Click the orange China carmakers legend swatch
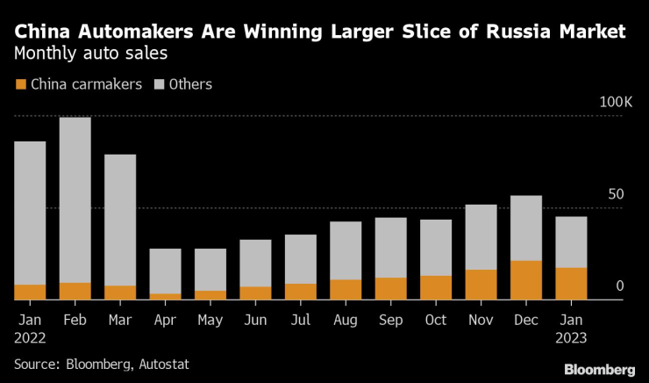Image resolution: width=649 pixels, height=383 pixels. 21,85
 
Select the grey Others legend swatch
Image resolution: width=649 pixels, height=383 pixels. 160,85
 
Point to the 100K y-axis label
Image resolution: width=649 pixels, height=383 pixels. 616,103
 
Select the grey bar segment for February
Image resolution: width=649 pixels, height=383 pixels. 75,199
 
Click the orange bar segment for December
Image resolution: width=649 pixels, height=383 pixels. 525,280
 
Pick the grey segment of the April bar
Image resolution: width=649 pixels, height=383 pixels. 165,271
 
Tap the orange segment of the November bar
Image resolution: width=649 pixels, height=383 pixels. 481,285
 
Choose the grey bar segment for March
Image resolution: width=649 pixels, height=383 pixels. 120,220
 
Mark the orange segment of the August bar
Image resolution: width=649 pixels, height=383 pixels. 346,290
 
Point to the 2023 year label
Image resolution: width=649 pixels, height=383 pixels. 571,336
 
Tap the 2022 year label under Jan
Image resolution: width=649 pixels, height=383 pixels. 30,336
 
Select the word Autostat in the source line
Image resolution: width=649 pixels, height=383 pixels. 161,363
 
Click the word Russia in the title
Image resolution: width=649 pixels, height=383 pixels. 512,33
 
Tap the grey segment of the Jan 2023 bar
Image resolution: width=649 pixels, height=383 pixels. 571,242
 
